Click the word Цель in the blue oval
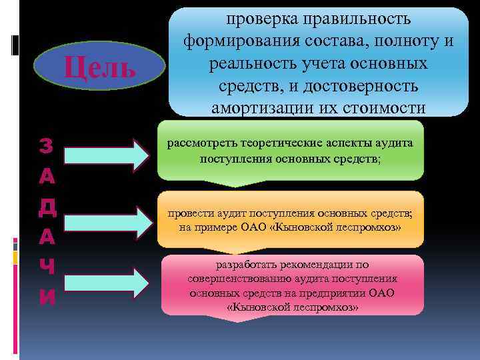pos(99,67)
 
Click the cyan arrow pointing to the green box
pos(107,154)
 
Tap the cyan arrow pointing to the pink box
pos(107,283)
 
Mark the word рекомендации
pos(313,265)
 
